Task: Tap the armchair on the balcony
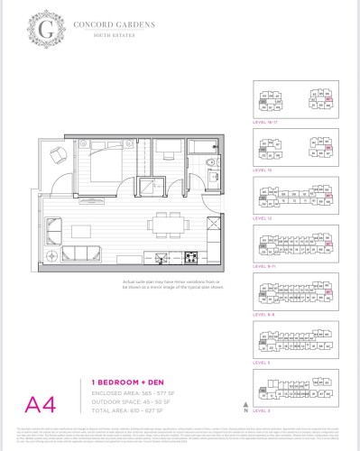57,155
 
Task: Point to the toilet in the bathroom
208,163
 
